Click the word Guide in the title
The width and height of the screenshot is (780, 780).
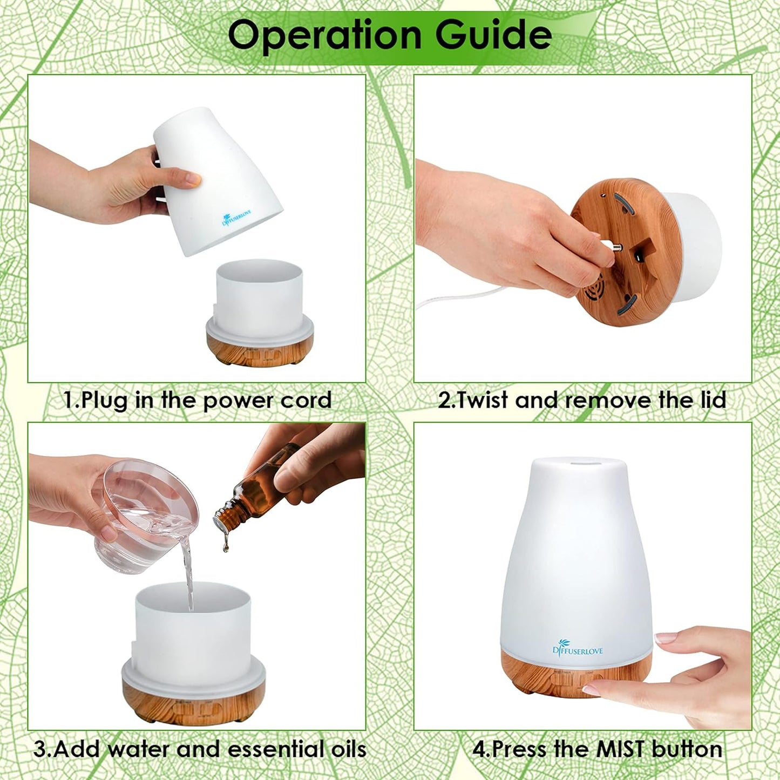click(493, 35)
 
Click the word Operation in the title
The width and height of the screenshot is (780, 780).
click(324, 35)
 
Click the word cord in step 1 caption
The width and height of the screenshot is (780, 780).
click(309, 401)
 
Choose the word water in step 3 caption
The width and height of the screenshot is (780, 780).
click(138, 749)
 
